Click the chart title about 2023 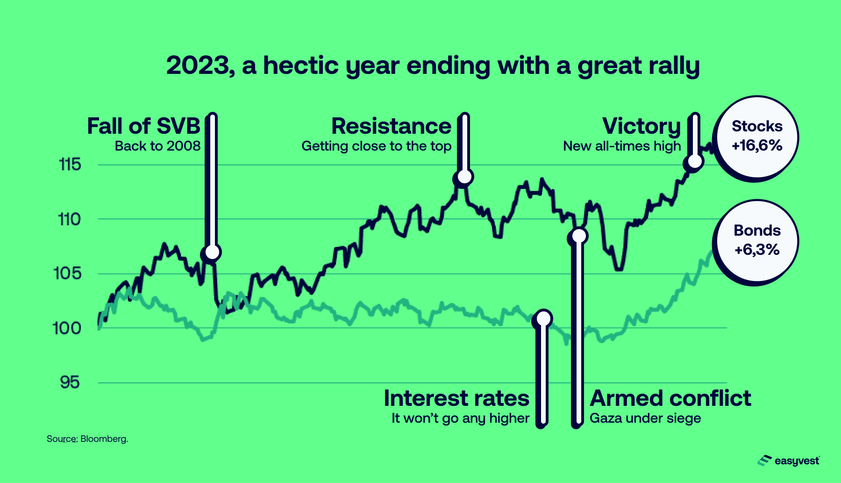(433, 66)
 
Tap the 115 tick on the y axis (70, 165)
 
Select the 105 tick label (68, 273)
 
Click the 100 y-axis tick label (67, 328)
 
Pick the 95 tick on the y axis (70, 382)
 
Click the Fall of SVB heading (144, 126)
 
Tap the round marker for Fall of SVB (212, 252)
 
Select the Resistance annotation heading (392, 126)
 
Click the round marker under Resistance (464, 177)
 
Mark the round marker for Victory (695, 161)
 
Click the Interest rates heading (456, 398)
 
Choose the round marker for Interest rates (544, 318)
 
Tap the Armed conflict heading (670, 398)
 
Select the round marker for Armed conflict (579, 236)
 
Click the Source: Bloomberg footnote (87, 439)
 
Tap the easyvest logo (789, 461)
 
